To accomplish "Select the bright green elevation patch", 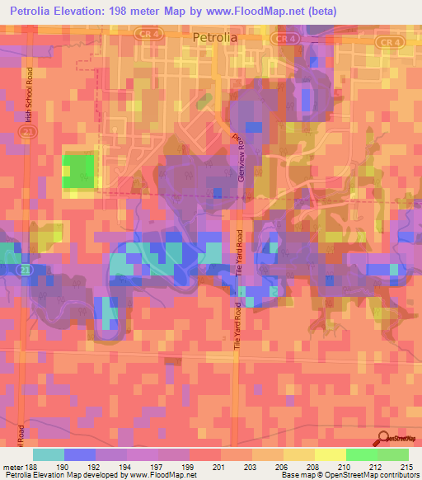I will pyautogui.click(x=78, y=172).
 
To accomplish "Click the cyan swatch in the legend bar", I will pyautogui.click(x=48, y=454).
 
